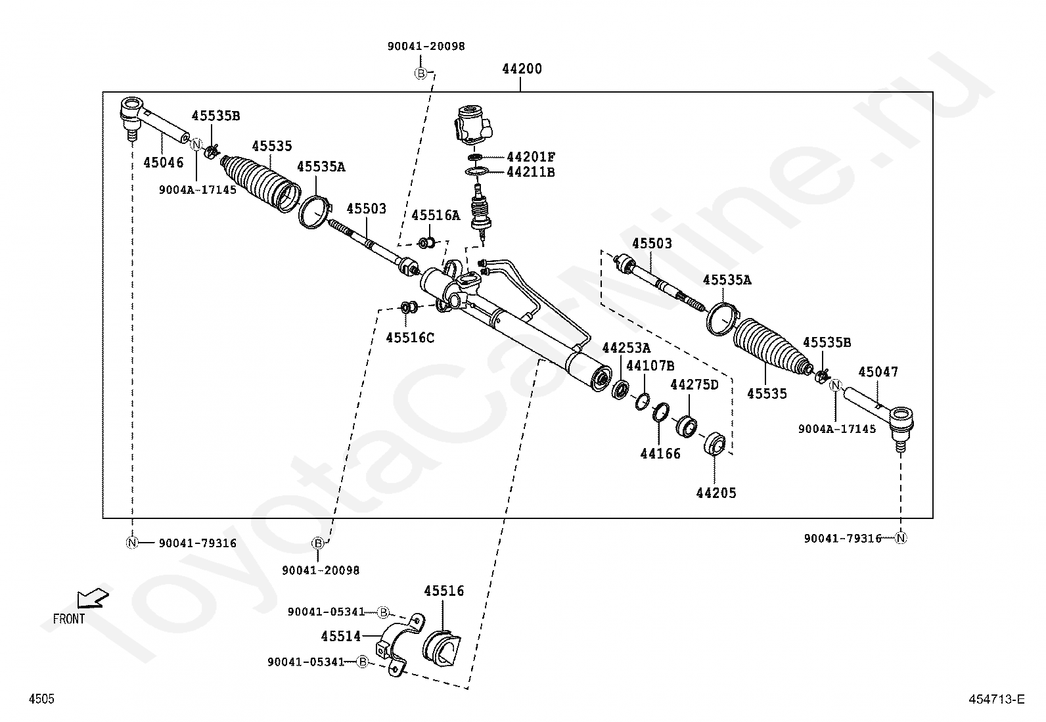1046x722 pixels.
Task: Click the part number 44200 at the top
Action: (522, 69)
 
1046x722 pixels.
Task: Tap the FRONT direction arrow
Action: (93, 598)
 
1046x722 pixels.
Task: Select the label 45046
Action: (164, 162)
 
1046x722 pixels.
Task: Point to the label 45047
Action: (878, 372)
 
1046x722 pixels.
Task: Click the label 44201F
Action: (531, 157)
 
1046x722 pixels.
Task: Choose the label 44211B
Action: (531, 172)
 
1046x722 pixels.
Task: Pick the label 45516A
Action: (436, 215)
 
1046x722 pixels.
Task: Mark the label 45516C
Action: (410, 338)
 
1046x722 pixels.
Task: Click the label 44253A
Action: (626, 348)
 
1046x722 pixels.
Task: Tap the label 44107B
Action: (650, 366)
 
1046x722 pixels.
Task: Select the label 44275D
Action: (694, 385)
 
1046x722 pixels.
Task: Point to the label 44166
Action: (660, 453)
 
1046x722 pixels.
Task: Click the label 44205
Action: (716, 493)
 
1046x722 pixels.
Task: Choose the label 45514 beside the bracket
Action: (341, 636)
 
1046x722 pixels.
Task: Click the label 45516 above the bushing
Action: (443, 591)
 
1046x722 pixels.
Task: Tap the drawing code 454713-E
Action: (997, 699)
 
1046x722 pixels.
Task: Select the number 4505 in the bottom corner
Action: (41, 698)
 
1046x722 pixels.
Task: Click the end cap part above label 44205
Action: (714, 443)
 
